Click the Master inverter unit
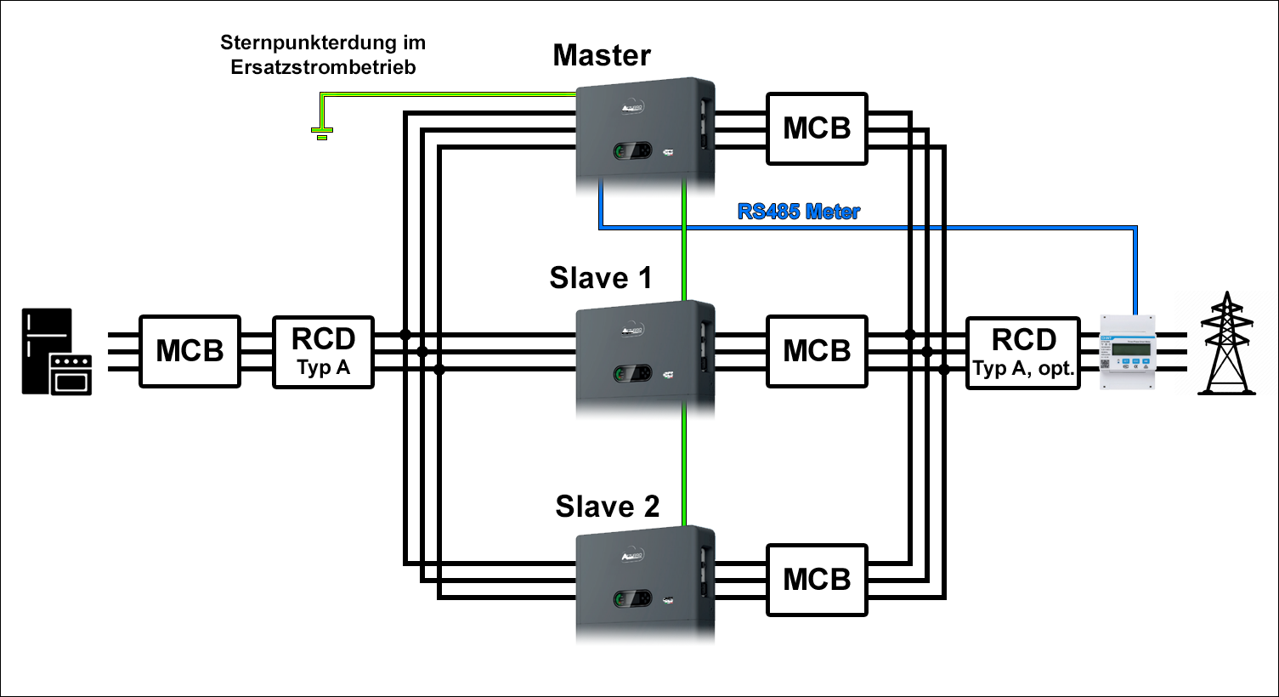point(645,127)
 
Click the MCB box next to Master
point(817,128)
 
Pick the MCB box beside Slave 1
point(817,351)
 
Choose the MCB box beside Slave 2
point(817,580)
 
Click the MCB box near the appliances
point(190,351)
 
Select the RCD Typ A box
point(323,351)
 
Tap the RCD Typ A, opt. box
point(1023,352)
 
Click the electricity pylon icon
point(1226,343)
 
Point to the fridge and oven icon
point(57,352)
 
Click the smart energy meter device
point(1128,351)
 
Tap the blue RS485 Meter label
point(798,212)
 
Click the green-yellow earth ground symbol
point(321,132)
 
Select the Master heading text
point(602,55)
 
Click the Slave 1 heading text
point(601,278)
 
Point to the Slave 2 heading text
point(607,507)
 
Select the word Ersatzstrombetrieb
point(323,67)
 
